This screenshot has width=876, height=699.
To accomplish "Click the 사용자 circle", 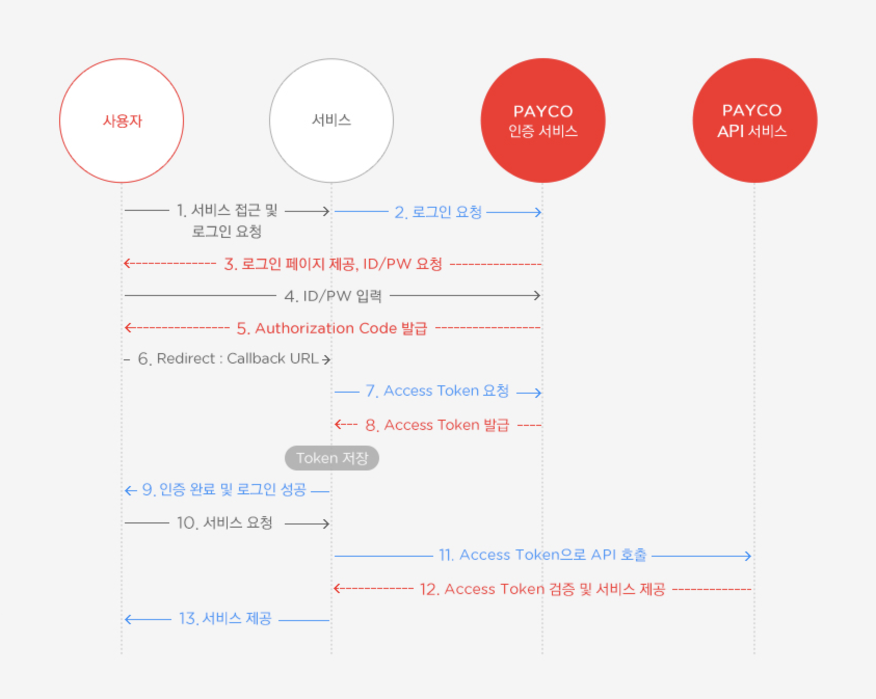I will point(122,120).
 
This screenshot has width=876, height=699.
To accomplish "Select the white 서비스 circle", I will point(331,120).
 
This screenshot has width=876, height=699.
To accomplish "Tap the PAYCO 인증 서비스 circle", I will point(543,120).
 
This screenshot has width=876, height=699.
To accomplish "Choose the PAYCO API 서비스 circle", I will point(754,120).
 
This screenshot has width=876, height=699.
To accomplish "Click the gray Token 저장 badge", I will point(332,458).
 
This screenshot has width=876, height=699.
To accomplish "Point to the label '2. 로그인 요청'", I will point(438,212).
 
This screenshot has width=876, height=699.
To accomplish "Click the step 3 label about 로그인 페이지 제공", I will point(333,264).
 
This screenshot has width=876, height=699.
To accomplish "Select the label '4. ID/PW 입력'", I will point(333,296).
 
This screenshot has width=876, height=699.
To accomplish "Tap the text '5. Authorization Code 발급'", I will point(332,328).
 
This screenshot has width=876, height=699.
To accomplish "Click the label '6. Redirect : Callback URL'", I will point(228,359).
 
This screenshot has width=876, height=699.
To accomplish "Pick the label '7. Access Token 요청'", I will point(437,391).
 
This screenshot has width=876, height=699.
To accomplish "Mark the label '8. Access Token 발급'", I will point(437,425).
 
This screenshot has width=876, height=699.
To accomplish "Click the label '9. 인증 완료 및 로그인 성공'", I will point(224,490).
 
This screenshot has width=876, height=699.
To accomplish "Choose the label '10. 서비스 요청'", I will point(224,523).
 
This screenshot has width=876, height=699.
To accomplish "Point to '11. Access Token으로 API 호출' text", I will point(542,555).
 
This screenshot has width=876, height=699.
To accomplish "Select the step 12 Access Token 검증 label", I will point(542,589).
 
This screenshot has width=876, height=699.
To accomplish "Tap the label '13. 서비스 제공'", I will point(225,619).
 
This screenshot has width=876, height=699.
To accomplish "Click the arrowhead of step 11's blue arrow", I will point(748,556).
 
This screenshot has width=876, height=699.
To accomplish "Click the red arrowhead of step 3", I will point(127,263).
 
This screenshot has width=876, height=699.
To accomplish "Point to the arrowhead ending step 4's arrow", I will point(538,295).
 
